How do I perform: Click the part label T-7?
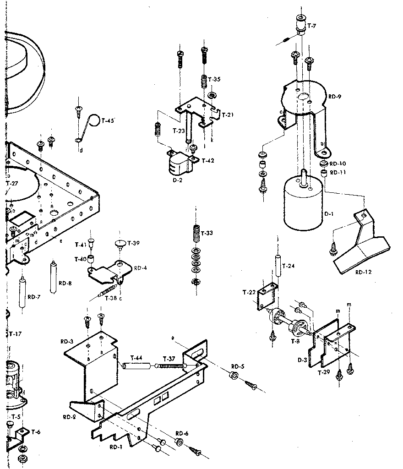(311, 26)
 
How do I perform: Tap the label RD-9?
(335, 97)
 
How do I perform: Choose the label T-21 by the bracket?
(228, 115)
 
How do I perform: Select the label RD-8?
(65, 283)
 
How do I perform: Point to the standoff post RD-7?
(22, 293)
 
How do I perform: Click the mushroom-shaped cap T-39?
(120, 243)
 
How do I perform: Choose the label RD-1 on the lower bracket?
(116, 446)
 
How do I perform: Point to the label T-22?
(249, 292)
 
